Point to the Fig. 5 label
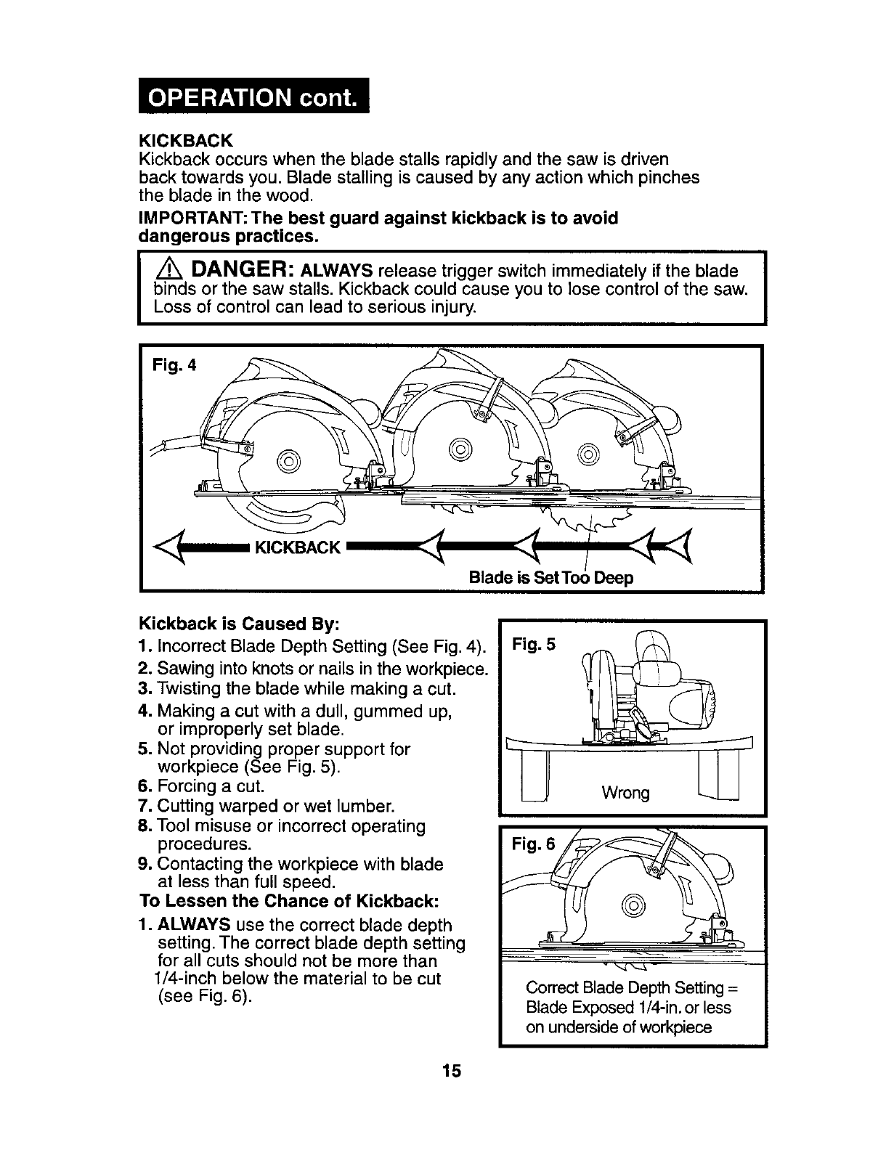point(534,644)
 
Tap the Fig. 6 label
point(534,844)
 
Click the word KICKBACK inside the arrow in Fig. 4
point(298,547)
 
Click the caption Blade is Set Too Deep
point(551,578)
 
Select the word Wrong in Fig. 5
point(626,792)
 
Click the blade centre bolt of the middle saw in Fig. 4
point(460,448)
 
